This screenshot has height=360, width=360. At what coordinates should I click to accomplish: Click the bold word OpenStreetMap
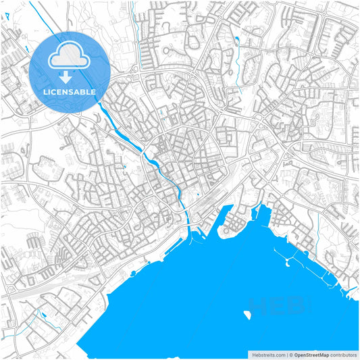coord(311,354)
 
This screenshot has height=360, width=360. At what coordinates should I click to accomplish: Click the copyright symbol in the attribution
coord(291,354)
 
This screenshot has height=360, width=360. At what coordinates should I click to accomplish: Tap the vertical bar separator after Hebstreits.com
coord(286,354)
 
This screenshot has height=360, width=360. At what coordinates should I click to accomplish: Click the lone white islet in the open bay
coord(247,314)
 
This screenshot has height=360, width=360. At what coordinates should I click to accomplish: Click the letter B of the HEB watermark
coord(295,307)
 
